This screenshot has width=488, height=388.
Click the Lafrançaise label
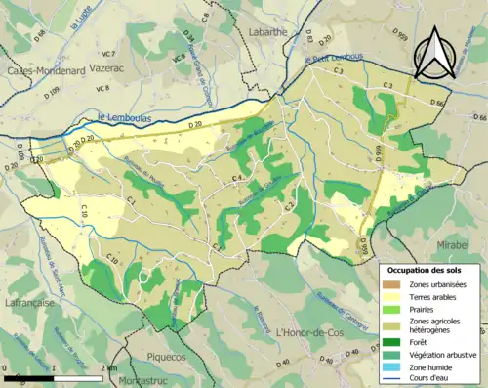tap(31, 304)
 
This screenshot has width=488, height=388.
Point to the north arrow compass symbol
tap(438, 54)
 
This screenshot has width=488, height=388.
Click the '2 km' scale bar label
tap(108, 368)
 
